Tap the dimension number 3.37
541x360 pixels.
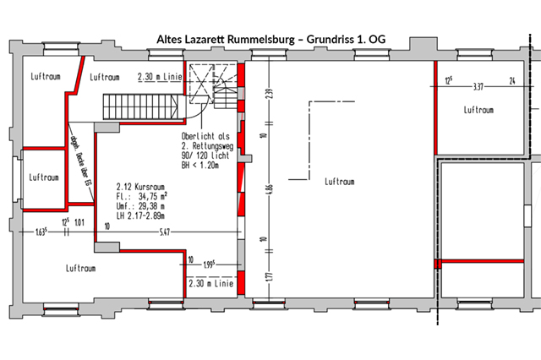478,85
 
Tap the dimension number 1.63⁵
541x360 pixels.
41,231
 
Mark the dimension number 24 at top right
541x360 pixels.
511,82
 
